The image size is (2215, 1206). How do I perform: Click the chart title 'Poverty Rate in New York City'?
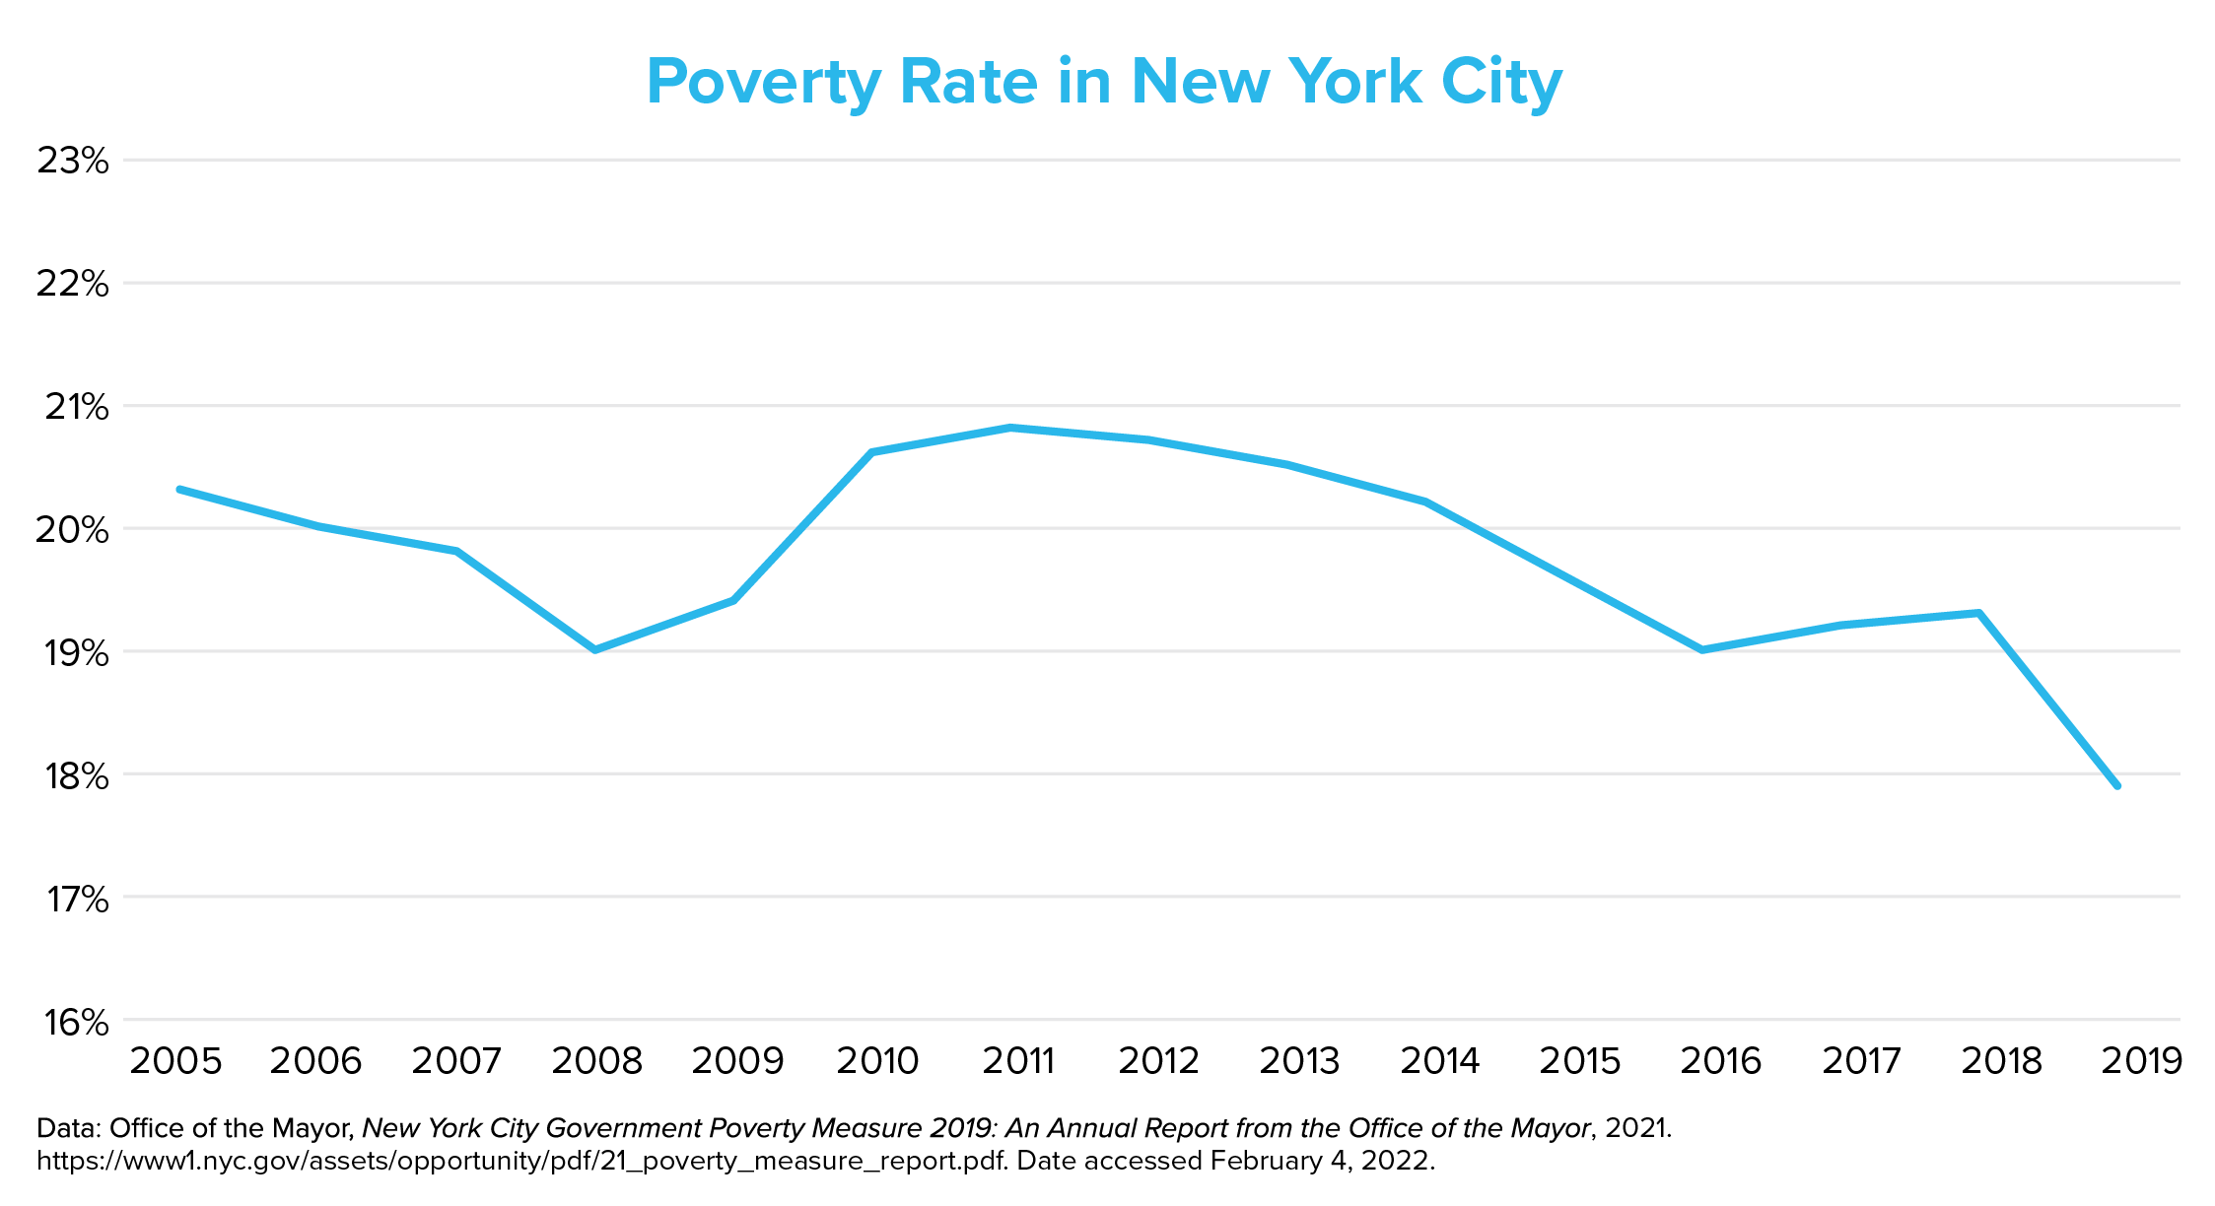point(1104,82)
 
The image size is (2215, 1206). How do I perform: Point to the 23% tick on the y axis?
point(72,161)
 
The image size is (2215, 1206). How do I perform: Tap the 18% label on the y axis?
point(72,775)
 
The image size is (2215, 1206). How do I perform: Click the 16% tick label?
point(73,1023)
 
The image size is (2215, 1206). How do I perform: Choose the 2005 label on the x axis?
point(176,1061)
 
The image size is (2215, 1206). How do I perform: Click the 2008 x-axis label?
point(596,1061)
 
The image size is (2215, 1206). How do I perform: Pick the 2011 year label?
point(1018,1061)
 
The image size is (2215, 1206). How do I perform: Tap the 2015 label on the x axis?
point(1580,1061)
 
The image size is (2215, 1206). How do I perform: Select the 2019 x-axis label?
point(2141,1061)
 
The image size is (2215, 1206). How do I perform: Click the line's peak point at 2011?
point(1010,428)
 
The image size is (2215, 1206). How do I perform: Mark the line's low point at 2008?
point(595,650)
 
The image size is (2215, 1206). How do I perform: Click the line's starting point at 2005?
point(179,489)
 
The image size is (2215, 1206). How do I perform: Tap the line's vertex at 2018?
point(1978,613)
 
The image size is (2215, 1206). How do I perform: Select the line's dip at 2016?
point(1702,650)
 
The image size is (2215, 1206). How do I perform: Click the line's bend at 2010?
point(872,452)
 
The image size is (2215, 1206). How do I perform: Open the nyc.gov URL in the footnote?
point(521,1161)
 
